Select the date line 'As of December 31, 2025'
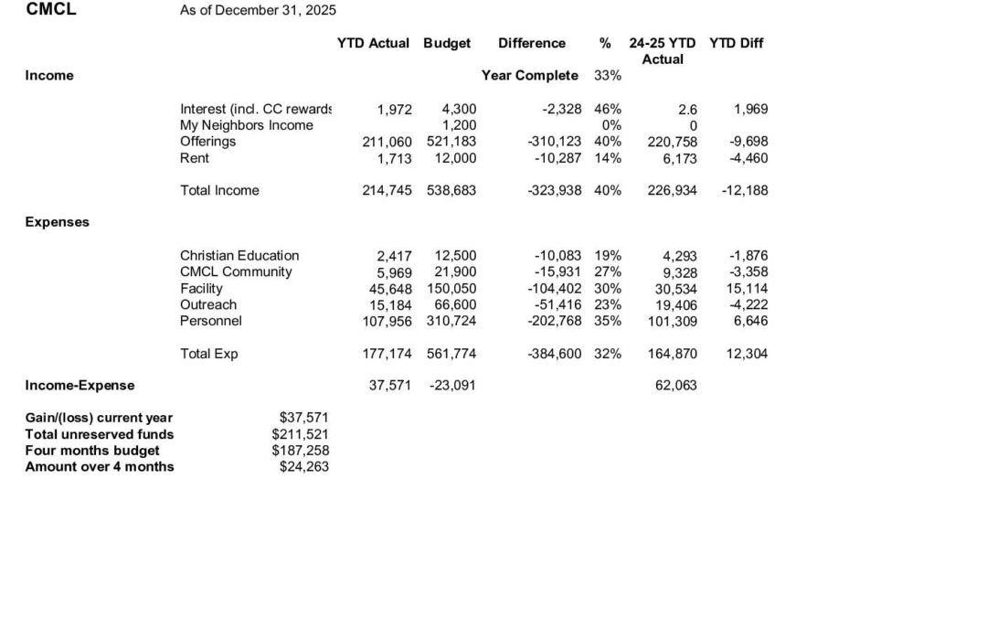258,10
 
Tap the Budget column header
447,43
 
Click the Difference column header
532,43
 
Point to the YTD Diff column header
736,43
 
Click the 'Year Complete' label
529,75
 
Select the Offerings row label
207,142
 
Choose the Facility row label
201,288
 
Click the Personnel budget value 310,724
451,321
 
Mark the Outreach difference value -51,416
557,304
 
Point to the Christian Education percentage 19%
608,255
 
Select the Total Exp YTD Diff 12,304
747,354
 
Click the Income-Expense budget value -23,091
452,386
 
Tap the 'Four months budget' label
92,451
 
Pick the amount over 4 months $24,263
303,467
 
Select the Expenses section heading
57,222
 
